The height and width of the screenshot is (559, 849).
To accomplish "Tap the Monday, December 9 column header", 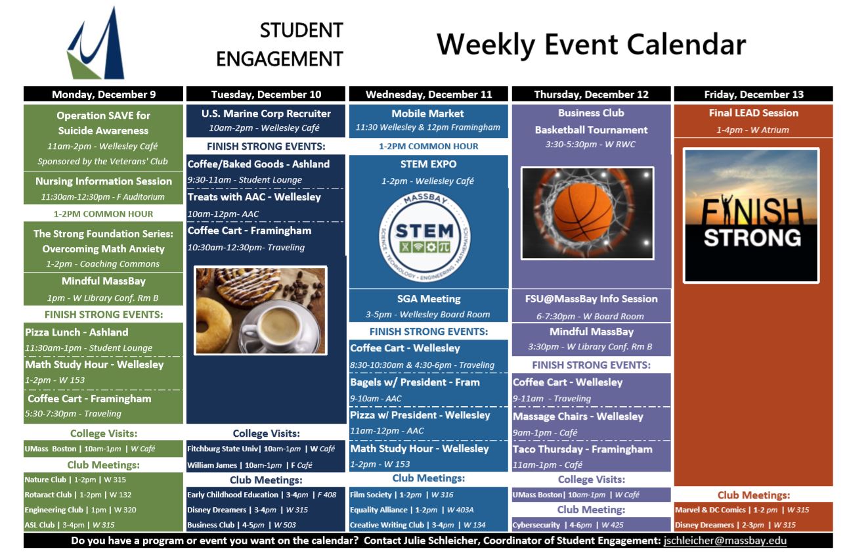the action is (x=104, y=95).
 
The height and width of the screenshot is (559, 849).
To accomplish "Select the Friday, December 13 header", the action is (x=754, y=95).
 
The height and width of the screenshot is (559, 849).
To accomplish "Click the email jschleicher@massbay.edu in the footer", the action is (x=725, y=541).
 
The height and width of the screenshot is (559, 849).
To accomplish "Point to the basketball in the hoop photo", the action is (x=583, y=212).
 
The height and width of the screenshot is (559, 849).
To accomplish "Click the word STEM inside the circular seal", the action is (x=424, y=231).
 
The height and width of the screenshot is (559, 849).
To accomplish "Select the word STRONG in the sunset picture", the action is (x=752, y=238).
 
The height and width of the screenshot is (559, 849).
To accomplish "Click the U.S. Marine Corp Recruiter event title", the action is (x=266, y=114).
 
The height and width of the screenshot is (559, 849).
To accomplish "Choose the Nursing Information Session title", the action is (x=104, y=181).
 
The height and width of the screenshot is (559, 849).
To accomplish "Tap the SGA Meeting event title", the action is (x=429, y=299).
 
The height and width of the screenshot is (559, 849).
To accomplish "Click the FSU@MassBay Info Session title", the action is (x=591, y=299).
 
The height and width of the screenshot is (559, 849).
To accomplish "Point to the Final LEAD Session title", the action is (x=754, y=113).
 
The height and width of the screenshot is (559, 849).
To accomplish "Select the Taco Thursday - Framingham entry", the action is (x=582, y=449).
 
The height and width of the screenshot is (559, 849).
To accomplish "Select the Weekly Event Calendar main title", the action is (x=591, y=45).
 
